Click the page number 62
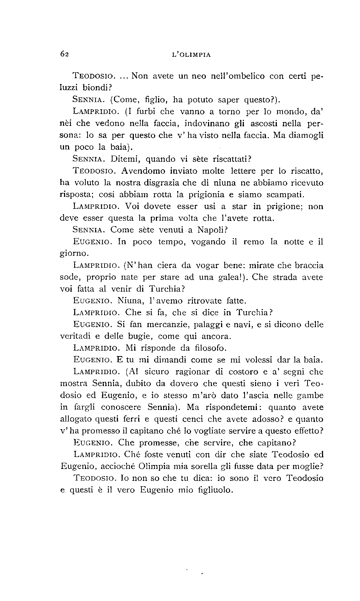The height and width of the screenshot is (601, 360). pyautogui.click(x=64, y=54)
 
